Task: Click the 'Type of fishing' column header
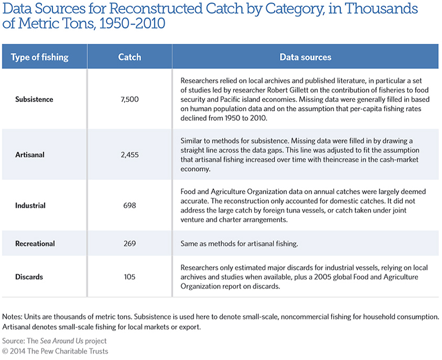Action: coord(40,57)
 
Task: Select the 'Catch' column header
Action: coord(129,57)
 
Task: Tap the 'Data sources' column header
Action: coord(305,57)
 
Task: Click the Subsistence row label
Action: coord(34,99)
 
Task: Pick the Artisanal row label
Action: coord(30,155)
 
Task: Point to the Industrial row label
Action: coord(30,205)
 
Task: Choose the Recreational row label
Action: coord(35,244)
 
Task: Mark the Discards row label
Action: coord(29,277)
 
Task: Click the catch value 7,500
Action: coord(130,99)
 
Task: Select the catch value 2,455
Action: coord(130,155)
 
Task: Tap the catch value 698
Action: coord(130,205)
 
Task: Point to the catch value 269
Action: coord(130,244)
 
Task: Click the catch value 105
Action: coord(130,277)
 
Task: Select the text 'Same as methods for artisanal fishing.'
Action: coord(239,244)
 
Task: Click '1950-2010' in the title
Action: coord(132,23)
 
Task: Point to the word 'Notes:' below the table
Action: coord(12,317)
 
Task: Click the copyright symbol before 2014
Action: coord(5,351)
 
